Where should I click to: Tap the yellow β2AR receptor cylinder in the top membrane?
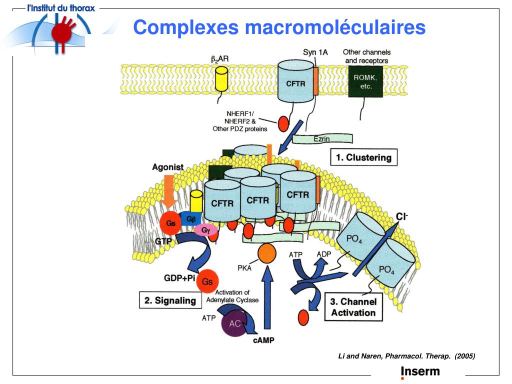[x=220, y=79]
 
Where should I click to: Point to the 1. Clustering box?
[x=363, y=157]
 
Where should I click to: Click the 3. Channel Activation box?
[x=353, y=307]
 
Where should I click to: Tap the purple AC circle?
[x=235, y=323]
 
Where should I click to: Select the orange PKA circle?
[x=266, y=253]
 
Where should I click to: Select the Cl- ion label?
[x=401, y=216]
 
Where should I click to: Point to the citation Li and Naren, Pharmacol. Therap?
[x=406, y=356]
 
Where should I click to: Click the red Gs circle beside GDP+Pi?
[x=207, y=281]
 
